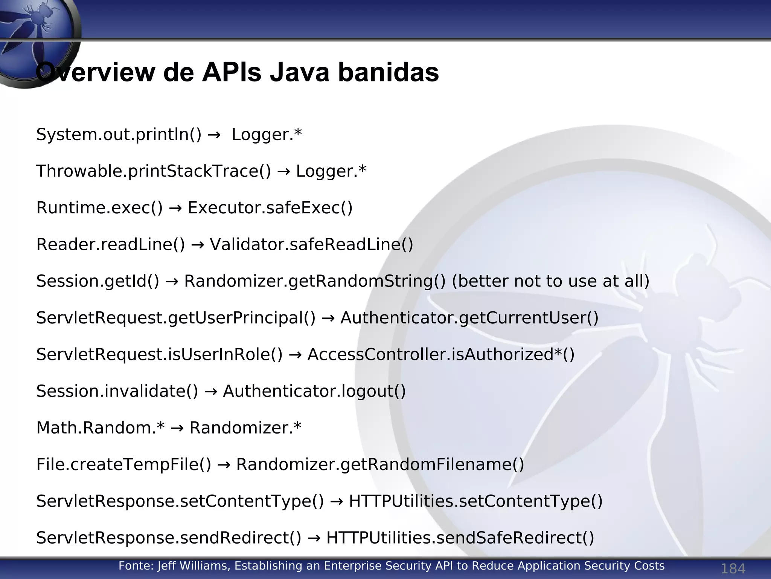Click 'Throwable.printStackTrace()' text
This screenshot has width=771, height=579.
(154, 171)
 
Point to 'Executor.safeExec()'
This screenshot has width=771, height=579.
(270, 208)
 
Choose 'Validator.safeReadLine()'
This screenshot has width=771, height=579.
(311, 244)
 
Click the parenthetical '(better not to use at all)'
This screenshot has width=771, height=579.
(550, 281)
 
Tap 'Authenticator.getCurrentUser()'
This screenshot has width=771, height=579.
(469, 318)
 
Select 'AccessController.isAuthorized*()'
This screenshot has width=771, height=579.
(441, 354)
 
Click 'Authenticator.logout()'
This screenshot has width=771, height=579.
(314, 391)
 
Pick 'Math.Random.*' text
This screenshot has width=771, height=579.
(101, 427)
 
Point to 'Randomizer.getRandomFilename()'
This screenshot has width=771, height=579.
(380, 464)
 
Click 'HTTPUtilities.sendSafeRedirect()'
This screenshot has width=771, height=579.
(460, 538)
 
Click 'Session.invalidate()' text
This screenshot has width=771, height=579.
(117, 391)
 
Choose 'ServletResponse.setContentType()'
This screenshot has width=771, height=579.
(180, 501)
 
